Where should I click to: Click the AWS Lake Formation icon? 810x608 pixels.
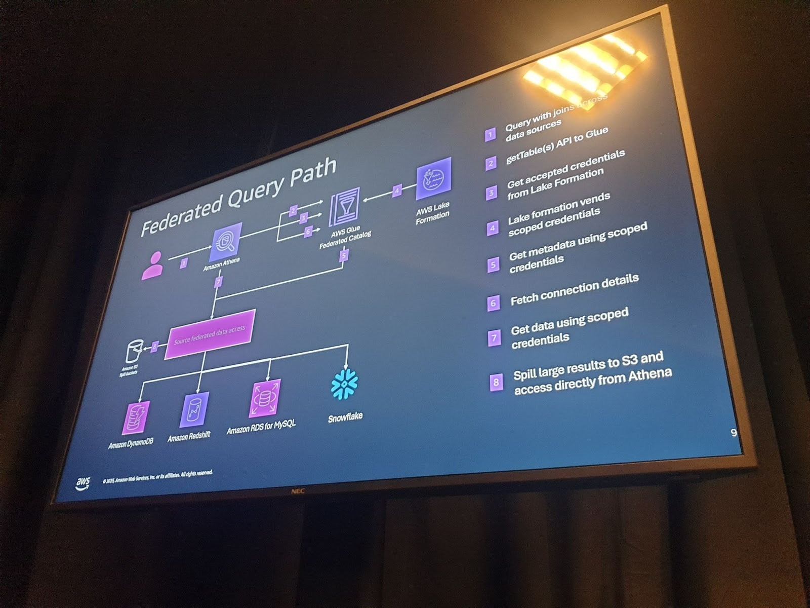point(433,178)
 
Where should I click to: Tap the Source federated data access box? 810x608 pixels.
point(209,334)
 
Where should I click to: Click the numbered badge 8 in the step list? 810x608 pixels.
point(496,382)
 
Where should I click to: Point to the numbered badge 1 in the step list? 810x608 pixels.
point(490,134)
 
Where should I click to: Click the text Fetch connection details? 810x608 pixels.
point(575,290)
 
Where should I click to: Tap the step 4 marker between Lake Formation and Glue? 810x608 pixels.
point(397,191)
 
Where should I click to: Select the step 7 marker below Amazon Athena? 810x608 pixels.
point(218,282)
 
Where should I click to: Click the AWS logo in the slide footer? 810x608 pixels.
point(83,483)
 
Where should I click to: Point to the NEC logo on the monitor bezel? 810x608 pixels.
point(297,491)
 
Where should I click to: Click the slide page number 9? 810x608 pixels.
point(734,433)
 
